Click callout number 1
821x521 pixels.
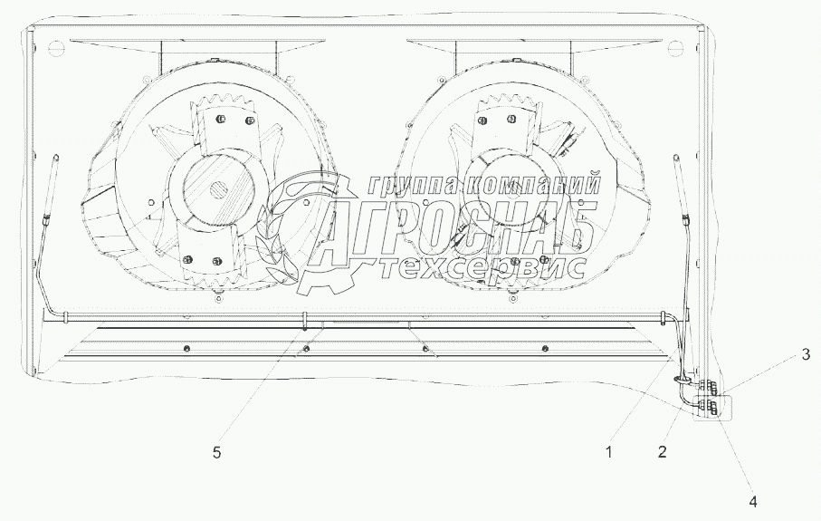(x=608, y=452)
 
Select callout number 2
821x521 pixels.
(x=663, y=452)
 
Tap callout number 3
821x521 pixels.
(x=806, y=355)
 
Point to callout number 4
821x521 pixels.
(x=753, y=502)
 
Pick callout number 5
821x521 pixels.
(x=216, y=452)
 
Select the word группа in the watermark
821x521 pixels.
(x=413, y=185)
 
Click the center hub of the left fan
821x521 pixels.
(x=218, y=188)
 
